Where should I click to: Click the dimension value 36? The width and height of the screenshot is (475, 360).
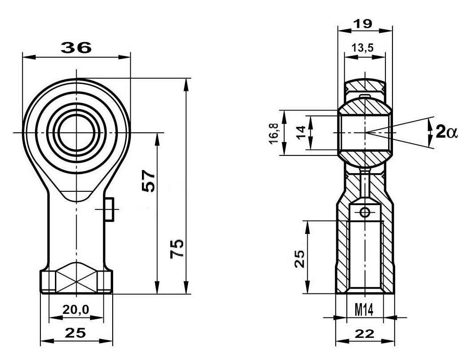[x=76, y=47]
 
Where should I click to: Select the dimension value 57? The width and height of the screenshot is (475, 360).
[x=149, y=181]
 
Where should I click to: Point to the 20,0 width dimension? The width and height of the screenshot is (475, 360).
[x=76, y=310]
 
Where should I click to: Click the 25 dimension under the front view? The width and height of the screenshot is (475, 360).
[x=76, y=333]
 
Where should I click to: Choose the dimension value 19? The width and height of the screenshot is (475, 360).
[x=363, y=24]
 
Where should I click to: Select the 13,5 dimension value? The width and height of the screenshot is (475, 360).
[x=363, y=47]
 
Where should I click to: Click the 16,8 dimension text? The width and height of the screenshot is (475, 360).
[x=274, y=133]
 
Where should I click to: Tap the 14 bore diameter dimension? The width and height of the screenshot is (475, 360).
[x=301, y=133]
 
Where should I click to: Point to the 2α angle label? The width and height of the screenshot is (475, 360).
[x=447, y=132]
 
